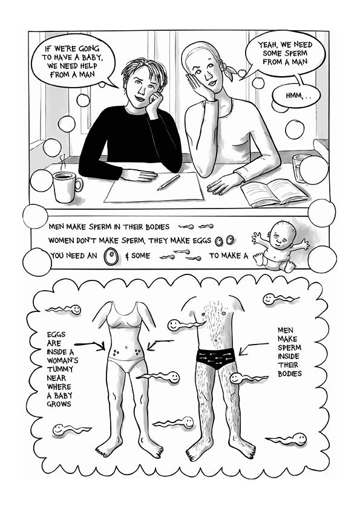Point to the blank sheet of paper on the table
(154, 188)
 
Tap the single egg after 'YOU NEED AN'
(110, 256)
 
